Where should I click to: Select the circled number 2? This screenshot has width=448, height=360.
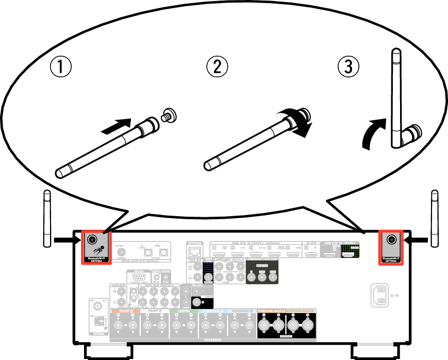coord(217,67)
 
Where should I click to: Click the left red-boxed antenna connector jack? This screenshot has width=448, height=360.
coord(93,240)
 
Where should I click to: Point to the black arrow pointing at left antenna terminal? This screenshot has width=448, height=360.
coord(67,239)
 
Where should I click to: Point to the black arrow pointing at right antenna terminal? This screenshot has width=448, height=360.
coord(416,239)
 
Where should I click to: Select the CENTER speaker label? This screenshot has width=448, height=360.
coord(184,311)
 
